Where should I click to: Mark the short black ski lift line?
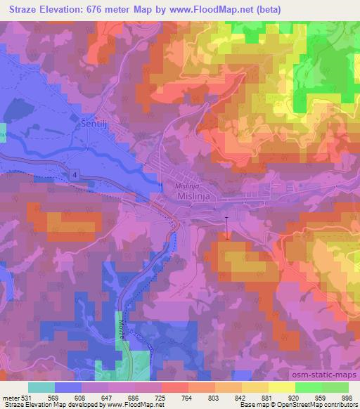pos(226,227)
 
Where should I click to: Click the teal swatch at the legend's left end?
pos(41,387)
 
